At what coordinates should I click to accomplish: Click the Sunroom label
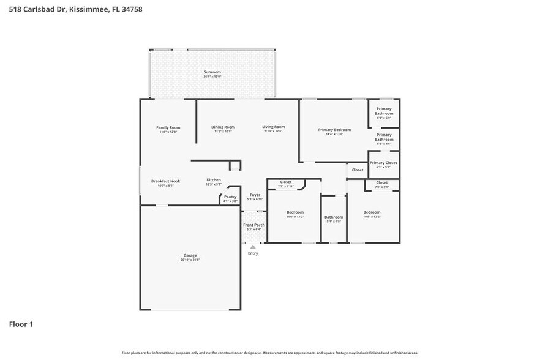tap(212, 72)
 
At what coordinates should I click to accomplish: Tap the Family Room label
tap(168, 127)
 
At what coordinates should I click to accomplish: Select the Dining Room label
tap(223, 127)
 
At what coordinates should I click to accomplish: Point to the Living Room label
tap(274, 127)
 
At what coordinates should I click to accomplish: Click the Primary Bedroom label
tap(334, 130)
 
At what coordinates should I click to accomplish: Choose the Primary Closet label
tap(383, 163)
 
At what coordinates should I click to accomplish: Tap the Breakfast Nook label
tap(165, 181)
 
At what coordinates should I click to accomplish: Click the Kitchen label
tap(213, 180)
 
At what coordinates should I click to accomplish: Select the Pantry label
tap(230, 197)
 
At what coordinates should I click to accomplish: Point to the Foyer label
tap(254, 195)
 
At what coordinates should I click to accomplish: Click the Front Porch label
tap(254, 225)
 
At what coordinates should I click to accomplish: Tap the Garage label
tap(190, 255)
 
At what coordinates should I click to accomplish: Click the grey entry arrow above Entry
tap(253, 247)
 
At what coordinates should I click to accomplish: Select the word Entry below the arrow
tap(253, 253)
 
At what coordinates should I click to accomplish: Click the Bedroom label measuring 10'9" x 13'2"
tap(372, 212)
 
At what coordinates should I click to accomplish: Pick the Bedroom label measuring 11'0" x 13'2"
tap(295, 212)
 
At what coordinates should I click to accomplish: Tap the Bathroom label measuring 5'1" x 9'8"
tap(334, 217)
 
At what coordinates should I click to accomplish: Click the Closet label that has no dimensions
tap(358, 170)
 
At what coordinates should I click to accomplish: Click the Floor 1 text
tap(21, 324)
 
